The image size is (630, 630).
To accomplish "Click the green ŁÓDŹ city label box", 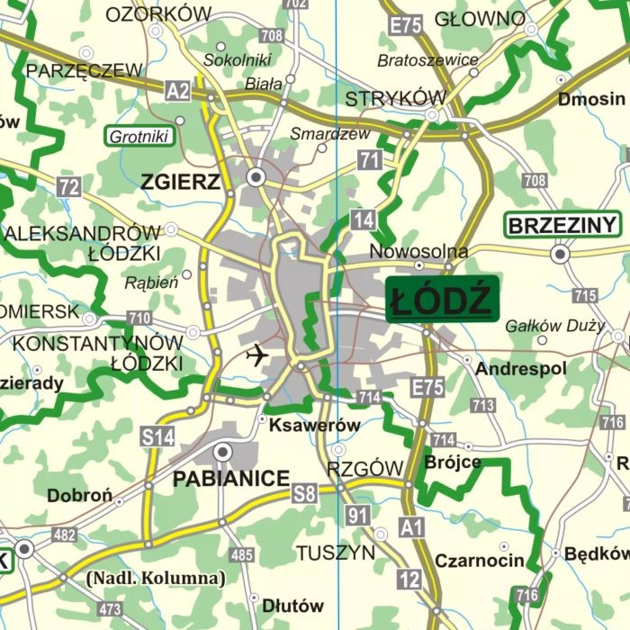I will (442, 300).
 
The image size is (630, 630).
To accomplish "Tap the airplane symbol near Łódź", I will (257, 355).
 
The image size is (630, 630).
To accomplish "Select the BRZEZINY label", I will (562, 225).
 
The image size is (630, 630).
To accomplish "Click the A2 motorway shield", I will (178, 89).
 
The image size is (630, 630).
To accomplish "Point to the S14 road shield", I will (157, 437).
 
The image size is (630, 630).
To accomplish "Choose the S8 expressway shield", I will (304, 492).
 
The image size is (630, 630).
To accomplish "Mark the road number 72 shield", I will (68, 187).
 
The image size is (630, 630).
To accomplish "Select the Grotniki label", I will (139, 138).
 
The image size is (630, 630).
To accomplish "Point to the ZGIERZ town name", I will (180, 183).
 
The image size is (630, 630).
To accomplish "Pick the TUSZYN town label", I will (336, 553).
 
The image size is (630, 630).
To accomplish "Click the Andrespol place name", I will (521, 369).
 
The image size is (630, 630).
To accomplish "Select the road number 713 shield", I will (482, 406).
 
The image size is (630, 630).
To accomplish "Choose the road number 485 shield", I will (242, 555).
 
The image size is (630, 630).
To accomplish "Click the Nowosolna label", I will (418, 251).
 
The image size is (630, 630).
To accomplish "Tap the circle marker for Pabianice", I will (222, 451).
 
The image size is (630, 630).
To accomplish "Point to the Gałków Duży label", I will (554, 326).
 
